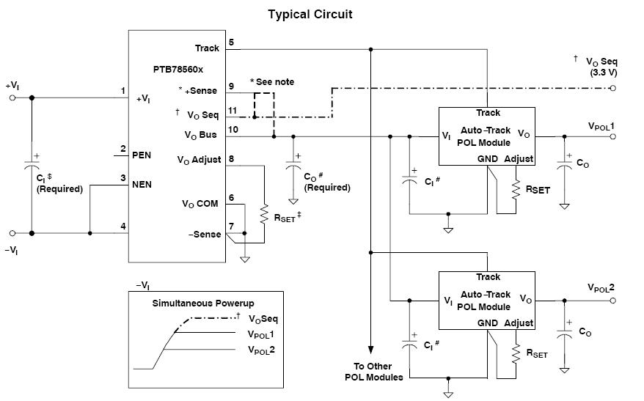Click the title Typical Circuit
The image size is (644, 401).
[310, 15]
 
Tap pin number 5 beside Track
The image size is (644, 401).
[232, 42]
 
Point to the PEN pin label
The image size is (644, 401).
[142, 155]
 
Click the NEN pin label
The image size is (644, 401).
[142, 184]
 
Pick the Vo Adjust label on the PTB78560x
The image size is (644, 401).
[199, 159]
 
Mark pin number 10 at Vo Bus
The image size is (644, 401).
[233, 129]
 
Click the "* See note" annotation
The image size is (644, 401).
[272, 81]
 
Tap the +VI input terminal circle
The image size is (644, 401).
[12, 97]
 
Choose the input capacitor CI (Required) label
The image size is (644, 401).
[59, 183]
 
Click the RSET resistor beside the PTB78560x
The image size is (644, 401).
[263, 215]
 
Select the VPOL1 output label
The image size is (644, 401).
[600, 126]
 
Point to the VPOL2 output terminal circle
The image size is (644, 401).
[613, 300]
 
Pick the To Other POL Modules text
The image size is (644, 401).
[373, 372]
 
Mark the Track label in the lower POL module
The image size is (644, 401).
[488, 277]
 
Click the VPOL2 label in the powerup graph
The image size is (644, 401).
[261, 350]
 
